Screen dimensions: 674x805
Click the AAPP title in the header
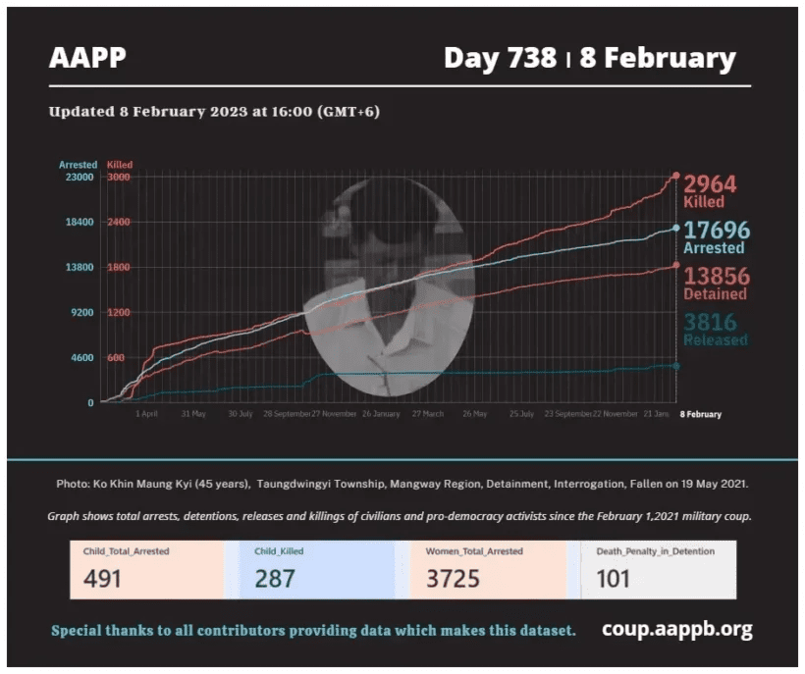click(x=88, y=58)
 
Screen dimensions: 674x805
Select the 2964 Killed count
click(x=710, y=184)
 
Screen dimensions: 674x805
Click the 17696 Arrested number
click(x=716, y=231)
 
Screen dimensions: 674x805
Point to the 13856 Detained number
click(x=716, y=276)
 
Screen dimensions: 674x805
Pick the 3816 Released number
click(x=710, y=322)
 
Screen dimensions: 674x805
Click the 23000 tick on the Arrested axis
click(x=80, y=178)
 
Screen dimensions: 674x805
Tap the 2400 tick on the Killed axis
click(x=118, y=223)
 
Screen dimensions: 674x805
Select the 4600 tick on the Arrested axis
click(x=82, y=358)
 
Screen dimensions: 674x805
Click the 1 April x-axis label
click(x=147, y=414)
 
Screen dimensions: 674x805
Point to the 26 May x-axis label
click(x=474, y=414)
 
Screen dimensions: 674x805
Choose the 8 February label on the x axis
click(x=701, y=414)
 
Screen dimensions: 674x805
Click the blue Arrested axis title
click(x=79, y=165)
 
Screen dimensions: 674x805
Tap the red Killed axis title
click(x=120, y=165)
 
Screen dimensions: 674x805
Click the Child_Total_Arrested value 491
click(x=102, y=579)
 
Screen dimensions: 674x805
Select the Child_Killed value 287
click(x=275, y=579)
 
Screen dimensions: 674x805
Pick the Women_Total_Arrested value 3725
click(x=453, y=579)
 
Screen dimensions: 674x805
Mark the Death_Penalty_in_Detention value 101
click(x=614, y=579)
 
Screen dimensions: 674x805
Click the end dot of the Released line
click(x=676, y=366)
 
